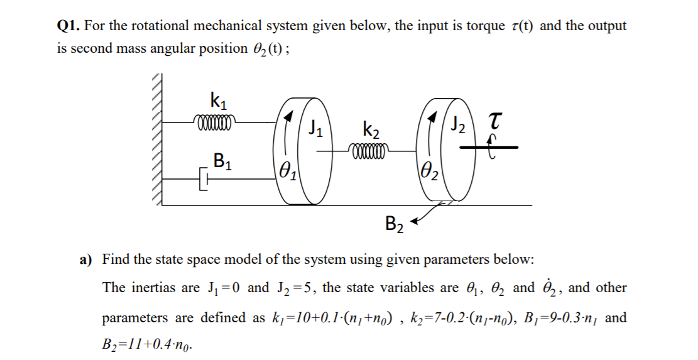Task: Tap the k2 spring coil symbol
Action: tap(371, 151)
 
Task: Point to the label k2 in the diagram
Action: tap(371, 132)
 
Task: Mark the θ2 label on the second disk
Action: tap(430, 168)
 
